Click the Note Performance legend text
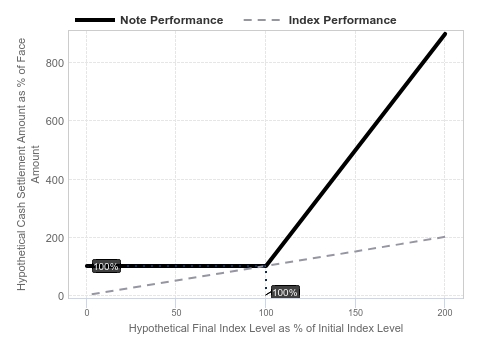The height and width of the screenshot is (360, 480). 171,20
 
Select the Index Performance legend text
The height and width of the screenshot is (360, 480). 342,20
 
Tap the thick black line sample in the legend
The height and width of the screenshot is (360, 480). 95,20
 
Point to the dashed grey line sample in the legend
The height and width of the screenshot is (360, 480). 262,20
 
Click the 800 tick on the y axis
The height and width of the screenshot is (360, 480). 55,63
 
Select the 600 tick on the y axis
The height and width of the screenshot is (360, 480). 55,121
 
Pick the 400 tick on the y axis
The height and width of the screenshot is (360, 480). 55,180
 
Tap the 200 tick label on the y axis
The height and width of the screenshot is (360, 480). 55,238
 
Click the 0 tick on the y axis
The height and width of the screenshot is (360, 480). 61,296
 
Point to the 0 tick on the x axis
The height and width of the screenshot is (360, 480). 87,313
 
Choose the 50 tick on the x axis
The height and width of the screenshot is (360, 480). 176,313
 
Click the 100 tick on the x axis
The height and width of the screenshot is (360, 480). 266,313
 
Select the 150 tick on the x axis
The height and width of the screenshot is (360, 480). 355,313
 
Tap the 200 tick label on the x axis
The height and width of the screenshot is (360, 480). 445,313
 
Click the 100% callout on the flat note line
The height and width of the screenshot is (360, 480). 106,266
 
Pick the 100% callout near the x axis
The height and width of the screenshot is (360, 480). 285,292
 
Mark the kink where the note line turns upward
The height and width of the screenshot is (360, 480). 266,266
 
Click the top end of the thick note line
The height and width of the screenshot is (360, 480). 445,34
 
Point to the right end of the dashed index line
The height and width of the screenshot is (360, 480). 445,237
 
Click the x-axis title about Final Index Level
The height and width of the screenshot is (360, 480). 266,328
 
